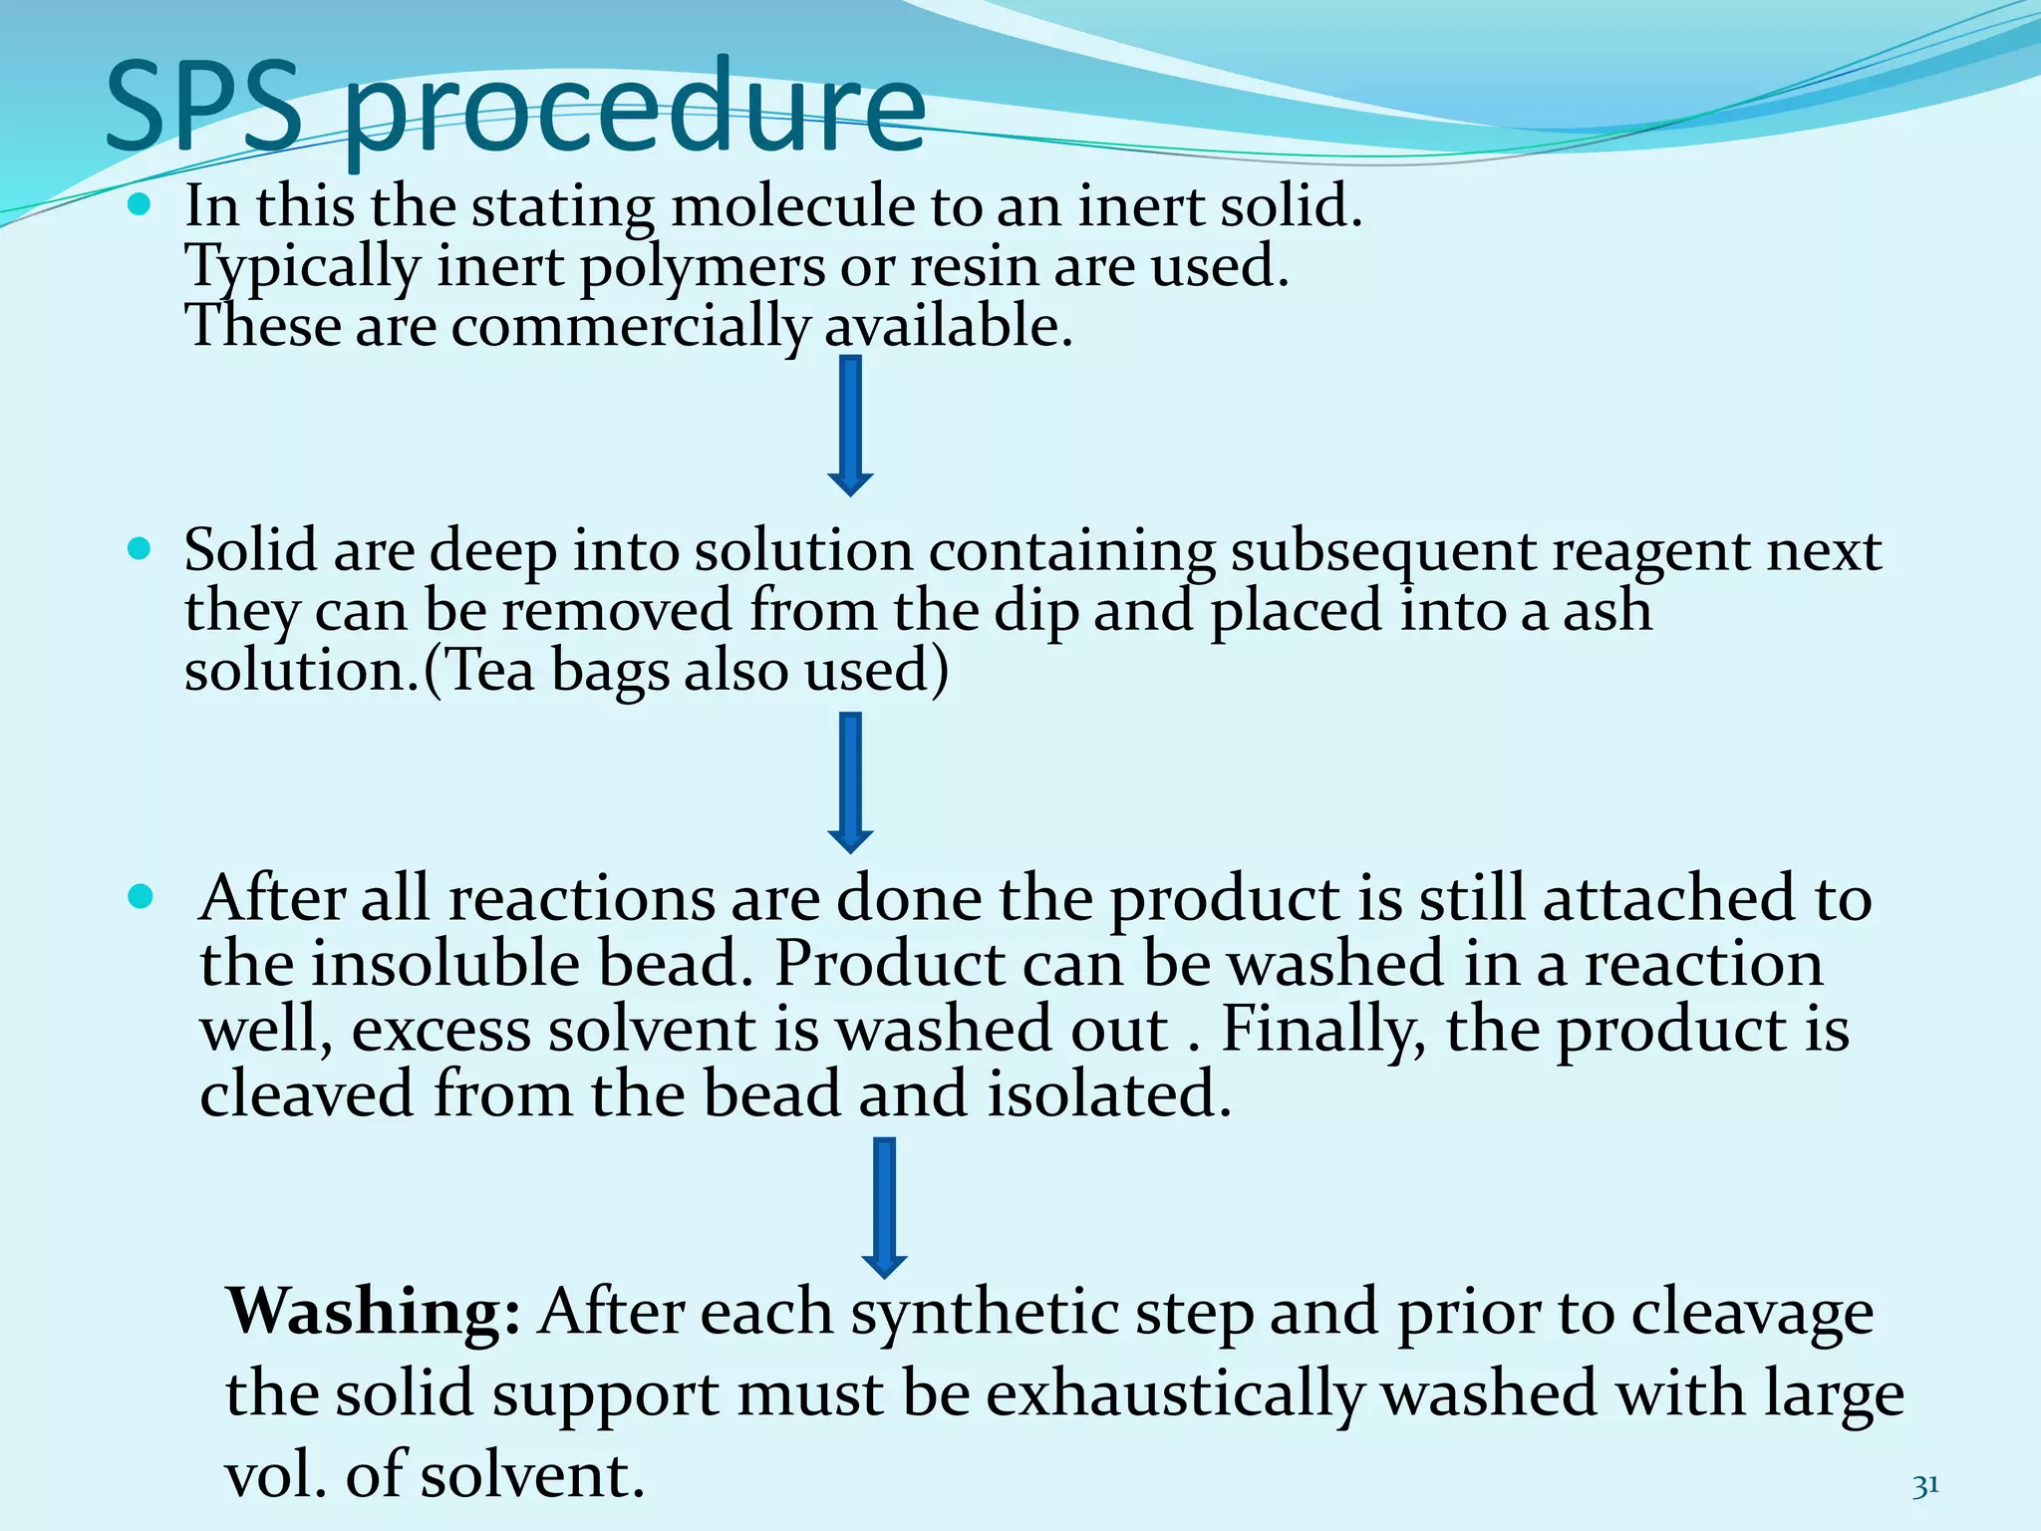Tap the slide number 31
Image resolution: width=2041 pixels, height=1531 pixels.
(1925, 1486)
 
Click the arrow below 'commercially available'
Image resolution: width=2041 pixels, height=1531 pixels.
(850, 426)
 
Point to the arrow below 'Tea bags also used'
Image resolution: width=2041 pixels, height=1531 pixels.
(850, 782)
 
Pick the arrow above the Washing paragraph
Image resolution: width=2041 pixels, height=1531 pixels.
(883, 1207)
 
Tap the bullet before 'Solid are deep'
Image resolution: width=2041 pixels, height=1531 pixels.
(140, 549)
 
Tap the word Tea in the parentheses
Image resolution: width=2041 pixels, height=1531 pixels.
(488, 671)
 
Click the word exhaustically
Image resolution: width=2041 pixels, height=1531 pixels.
(1174, 1394)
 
